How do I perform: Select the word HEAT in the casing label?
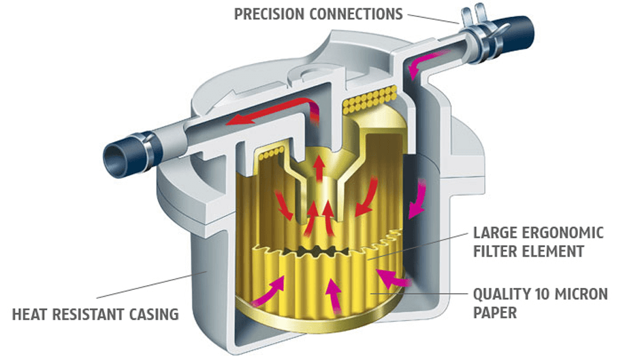coord(31,314)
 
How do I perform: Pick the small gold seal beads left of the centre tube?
coord(267,154)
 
